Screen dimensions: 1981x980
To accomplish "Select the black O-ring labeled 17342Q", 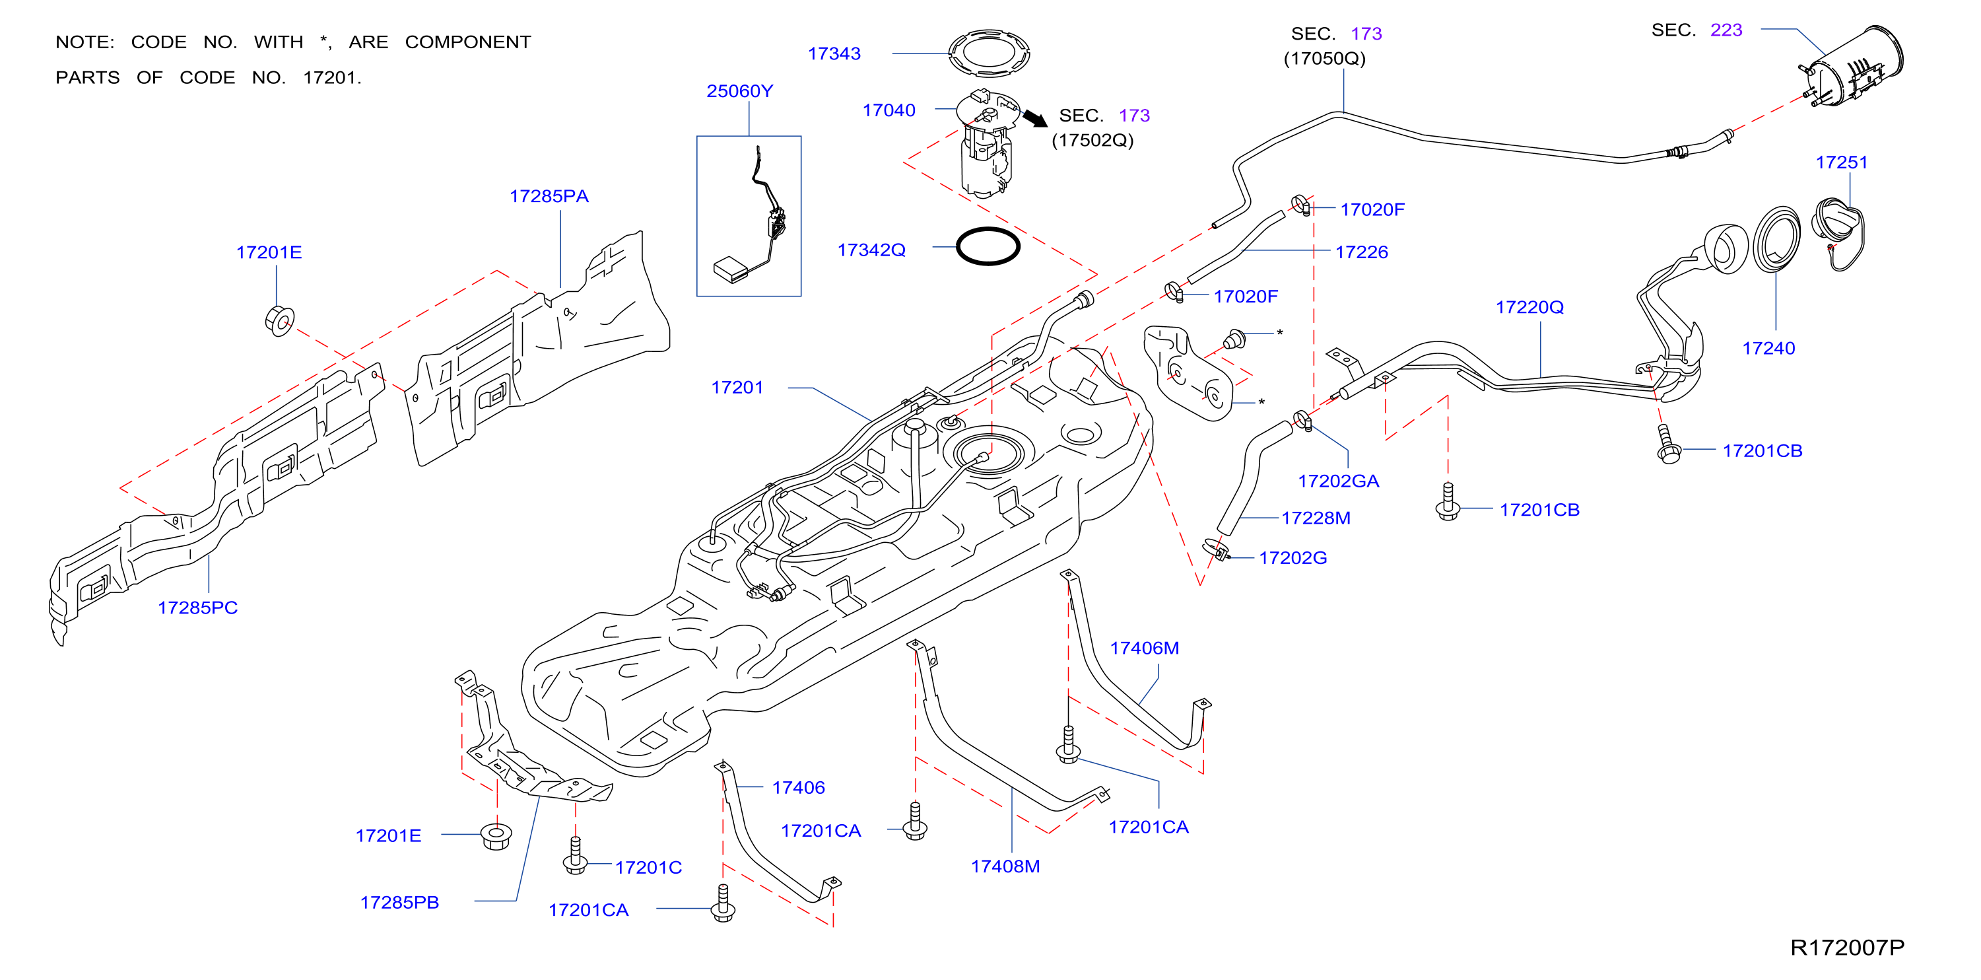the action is tap(988, 246).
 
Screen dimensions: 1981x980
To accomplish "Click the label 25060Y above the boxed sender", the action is tap(740, 90).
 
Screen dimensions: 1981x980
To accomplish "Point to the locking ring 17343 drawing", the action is tap(989, 53).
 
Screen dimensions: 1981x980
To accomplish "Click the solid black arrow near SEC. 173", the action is tap(1034, 118).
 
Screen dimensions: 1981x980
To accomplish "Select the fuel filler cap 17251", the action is tap(1840, 233).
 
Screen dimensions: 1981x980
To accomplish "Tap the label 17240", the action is tap(1768, 349).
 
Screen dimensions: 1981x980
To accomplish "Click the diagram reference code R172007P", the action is tap(1847, 947).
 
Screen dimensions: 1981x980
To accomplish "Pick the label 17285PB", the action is tap(399, 902).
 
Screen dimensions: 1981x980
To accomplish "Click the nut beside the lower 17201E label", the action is tap(496, 835).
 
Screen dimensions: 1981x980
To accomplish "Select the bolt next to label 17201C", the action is tap(575, 855).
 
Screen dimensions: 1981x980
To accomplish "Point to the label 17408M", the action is tap(1005, 866).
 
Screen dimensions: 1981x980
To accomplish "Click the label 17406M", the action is tap(1144, 648).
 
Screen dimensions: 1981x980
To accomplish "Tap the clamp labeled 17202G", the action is tap(1216, 549).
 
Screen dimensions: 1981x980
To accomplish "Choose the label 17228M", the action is tap(1316, 518).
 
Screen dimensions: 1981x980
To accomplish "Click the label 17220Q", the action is tap(1529, 307).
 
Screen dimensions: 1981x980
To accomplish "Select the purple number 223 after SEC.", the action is tap(1726, 30).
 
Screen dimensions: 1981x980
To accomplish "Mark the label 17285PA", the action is tap(549, 196).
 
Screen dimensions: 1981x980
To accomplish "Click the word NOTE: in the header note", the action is tap(84, 42).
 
